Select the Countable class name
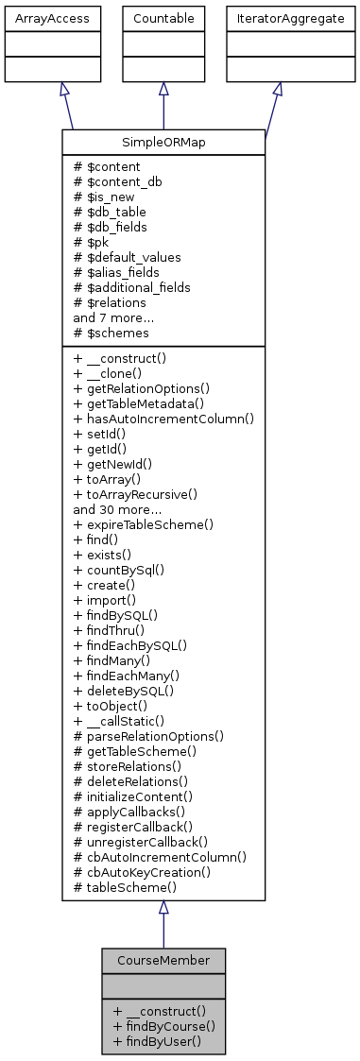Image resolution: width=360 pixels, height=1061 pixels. point(163,18)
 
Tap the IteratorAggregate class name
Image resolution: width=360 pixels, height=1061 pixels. point(277,18)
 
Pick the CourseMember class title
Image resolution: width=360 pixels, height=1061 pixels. point(163,960)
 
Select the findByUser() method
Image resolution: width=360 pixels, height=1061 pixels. point(157,1039)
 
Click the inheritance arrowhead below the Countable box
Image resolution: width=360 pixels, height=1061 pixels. point(163,89)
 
